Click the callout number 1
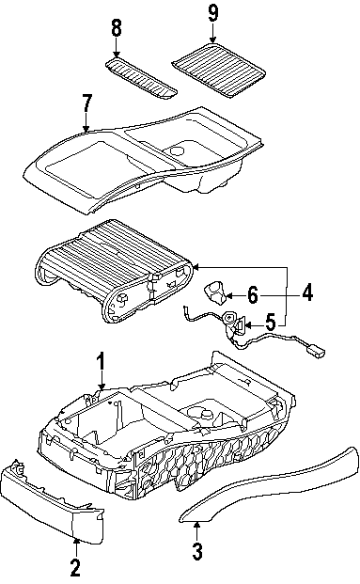tap(101, 363)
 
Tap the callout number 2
tap(75, 567)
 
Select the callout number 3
tap(197, 551)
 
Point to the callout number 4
tap(307, 292)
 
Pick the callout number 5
tap(270, 323)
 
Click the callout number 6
tap(253, 295)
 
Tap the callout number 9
tap(212, 13)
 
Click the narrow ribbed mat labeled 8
tap(141, 77)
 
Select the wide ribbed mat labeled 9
tap(218, 71)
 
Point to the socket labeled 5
tap(233, 323)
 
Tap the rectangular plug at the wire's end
tap(316, 351)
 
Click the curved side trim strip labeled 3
tap(269, 483)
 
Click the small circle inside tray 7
tap(177, 150)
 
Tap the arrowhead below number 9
tap(212, 40)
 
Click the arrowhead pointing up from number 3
tap(197, 526)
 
